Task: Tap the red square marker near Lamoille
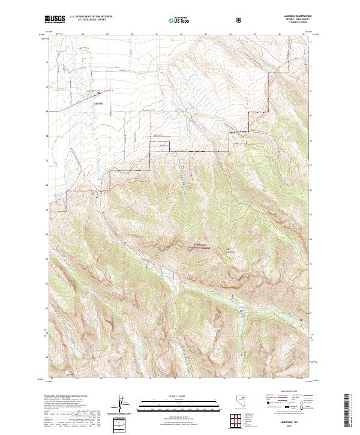(x=99, y=92)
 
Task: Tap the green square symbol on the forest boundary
(x=93, y=194)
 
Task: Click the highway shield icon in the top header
(x=240, y=20)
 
